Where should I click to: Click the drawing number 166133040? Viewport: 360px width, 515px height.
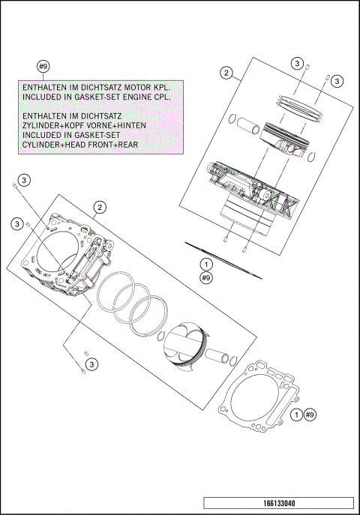[x=277, y=504]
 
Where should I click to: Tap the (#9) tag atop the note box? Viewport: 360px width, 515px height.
[x=43, y=67]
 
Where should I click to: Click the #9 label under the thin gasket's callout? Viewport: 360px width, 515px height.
[x=206, y=277]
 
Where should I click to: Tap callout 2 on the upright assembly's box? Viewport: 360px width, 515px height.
[x=224, y=73]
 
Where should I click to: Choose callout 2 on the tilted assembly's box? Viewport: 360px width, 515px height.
[x=98, y=207]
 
